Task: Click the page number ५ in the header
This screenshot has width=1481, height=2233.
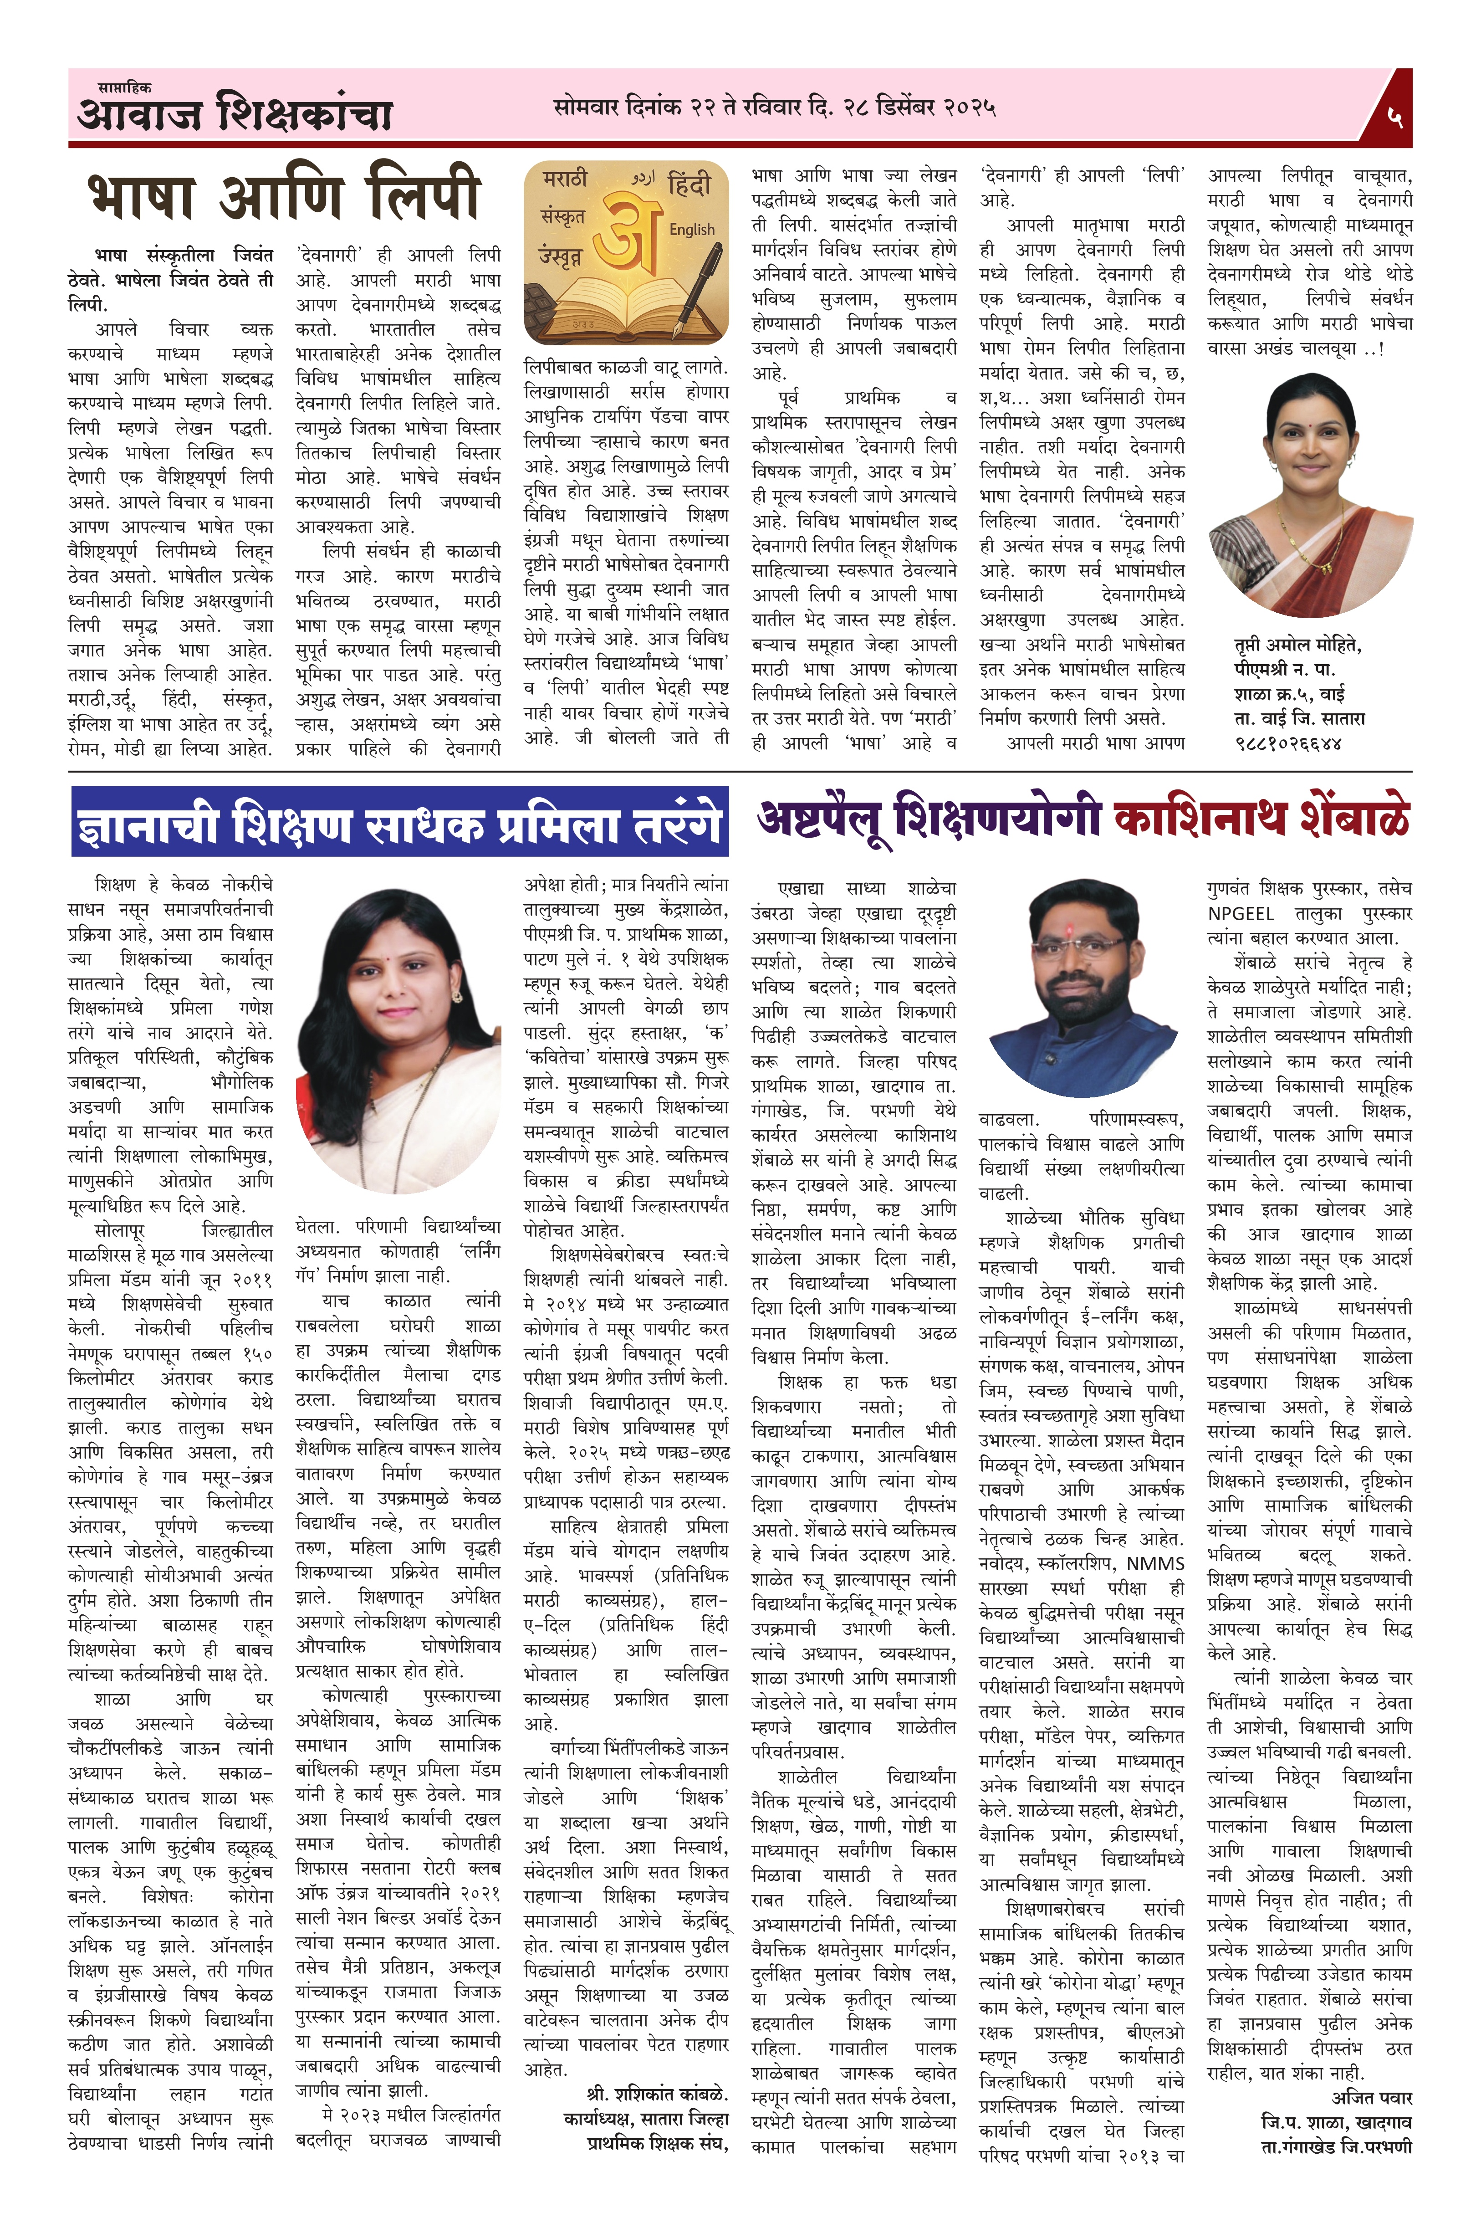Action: pos(1395,117)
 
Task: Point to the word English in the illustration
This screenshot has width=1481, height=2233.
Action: pos(691,230)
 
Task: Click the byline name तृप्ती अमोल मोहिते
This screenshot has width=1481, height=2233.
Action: pos(1297,645)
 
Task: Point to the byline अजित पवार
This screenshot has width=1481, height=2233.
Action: pos(1371,2098)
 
